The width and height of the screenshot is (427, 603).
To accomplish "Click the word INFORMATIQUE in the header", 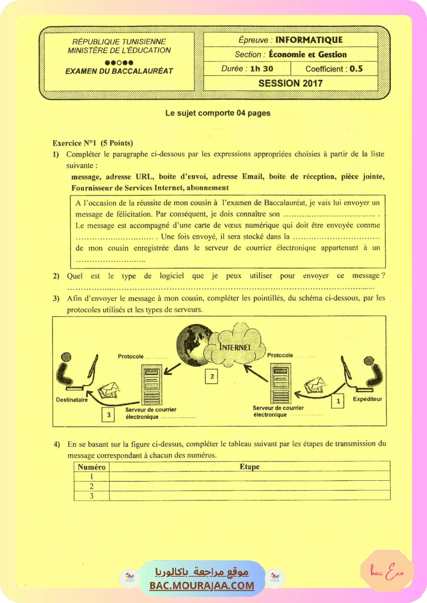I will click(x=309, y=40).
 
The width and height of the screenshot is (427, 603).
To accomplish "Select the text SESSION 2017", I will click(x=290, y=83).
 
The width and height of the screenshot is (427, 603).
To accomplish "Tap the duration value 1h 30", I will click(x=261, y=68).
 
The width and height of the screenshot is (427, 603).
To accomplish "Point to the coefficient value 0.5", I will click(x=356, y=68).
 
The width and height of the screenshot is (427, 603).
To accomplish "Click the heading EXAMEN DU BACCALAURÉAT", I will click(x=119, y=71).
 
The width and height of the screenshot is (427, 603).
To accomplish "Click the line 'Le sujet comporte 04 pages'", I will click(x=217, y=113).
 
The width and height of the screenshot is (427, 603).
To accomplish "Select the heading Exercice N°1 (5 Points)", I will click(x=92, y=143).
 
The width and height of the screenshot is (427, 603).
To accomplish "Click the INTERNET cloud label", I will click(x=235, y=347).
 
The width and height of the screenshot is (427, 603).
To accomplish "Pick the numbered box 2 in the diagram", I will click(x=211, y=377).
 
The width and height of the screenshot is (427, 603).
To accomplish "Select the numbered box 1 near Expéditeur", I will click(x=338, y=400).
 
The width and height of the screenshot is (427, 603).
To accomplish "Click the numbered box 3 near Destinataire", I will click(x=108, y=414).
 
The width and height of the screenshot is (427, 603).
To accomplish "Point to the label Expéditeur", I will click(x=367, y=399).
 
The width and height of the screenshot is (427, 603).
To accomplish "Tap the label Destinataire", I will click(x=72, y=399).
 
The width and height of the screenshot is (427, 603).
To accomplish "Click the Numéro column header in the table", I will click(x=91, y=467).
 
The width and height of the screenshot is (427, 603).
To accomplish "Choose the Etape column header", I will click(x=249, y=467).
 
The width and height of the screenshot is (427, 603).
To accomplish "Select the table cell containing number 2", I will click(x=91, y=486).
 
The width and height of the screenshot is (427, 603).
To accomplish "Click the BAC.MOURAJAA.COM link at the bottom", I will click(x=202, y=585).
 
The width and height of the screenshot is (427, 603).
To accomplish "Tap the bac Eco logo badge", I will click(x=387, y=571).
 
